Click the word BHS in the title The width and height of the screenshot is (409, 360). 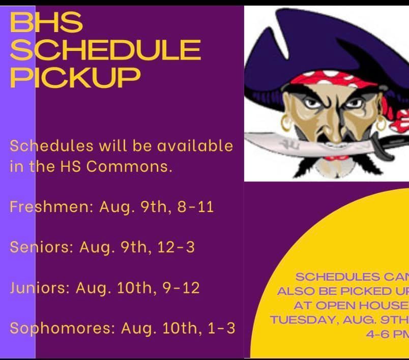point(46,23)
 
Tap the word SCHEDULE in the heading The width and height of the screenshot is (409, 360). point(105,50)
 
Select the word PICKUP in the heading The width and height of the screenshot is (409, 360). point(75,77)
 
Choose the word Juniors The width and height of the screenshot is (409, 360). point(39,288)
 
